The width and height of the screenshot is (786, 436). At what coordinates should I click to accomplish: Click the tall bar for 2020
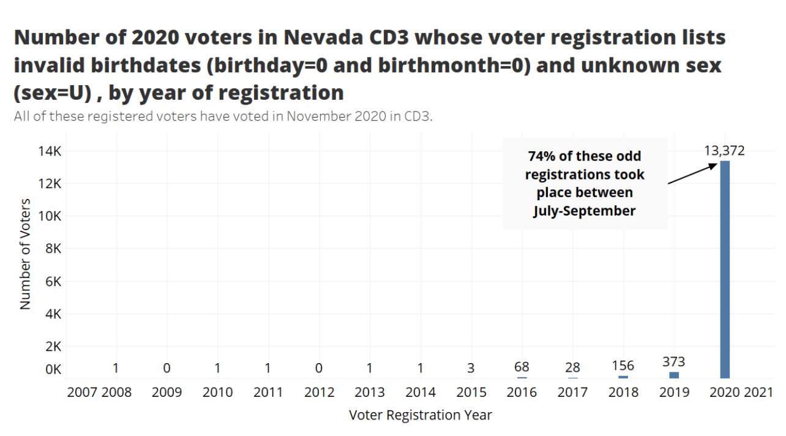tap(724, 269)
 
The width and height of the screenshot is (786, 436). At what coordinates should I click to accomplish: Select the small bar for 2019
tap(674, 375)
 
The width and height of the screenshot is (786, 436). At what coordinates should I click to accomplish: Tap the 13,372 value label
tap(724, 151)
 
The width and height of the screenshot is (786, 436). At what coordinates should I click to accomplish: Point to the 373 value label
tap(674, 362)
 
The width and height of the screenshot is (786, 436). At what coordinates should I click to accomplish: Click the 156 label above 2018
tap(624, 366)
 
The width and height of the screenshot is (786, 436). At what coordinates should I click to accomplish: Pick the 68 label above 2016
tap(522, 367)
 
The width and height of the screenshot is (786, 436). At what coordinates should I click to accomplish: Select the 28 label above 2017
tap(573, 368)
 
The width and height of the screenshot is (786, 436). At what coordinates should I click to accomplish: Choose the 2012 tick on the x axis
tap(319, 392)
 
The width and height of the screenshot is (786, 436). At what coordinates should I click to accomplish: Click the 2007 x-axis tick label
tap(81, 392)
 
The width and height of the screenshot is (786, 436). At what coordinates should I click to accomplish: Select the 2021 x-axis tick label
tap(759, 392)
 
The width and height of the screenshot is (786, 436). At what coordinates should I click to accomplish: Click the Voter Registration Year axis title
tap(420, 415)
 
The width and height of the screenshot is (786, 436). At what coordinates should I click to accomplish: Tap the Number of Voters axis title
tap(25, 253)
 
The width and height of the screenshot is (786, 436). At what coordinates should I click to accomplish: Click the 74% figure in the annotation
tap(542, 156)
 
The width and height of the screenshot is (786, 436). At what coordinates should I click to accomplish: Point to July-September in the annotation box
tap(585, 211)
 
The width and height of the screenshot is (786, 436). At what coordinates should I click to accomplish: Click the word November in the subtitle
tap(315, 116)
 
